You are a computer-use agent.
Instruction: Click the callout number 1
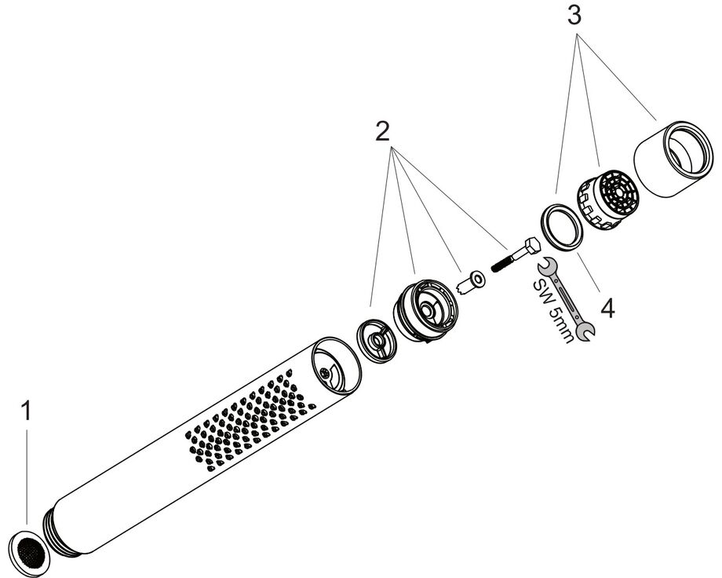27,411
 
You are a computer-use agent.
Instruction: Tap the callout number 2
382,132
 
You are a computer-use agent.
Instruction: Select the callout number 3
574,16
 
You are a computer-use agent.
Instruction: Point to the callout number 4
607,308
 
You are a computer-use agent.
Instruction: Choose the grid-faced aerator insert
608,199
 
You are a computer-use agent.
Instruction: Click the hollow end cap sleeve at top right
673,159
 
